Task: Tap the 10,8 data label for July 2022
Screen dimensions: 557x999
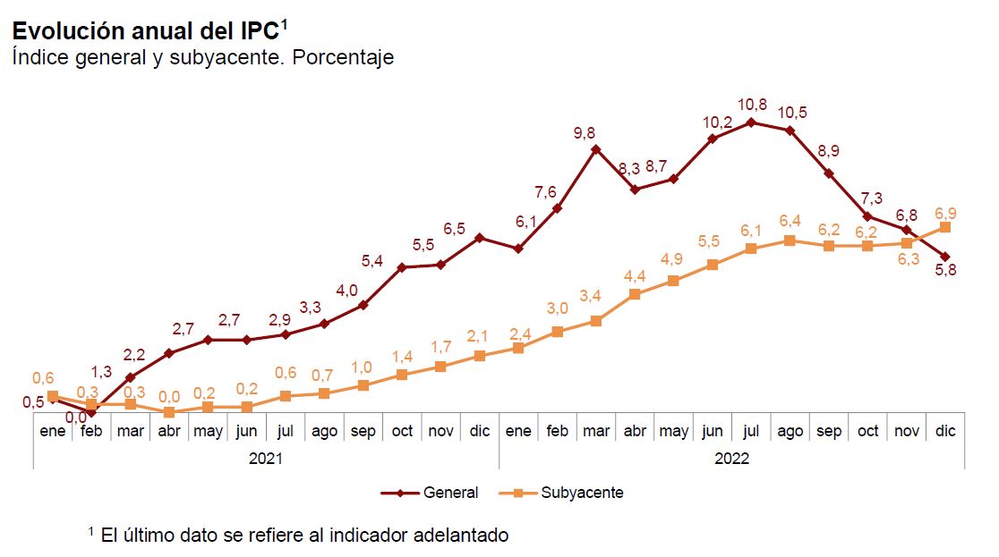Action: [751, 105]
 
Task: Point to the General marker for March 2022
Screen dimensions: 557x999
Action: [596, 149]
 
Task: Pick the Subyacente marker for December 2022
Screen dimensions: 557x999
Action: [945, 227]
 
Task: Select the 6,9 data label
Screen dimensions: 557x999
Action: [945, 212]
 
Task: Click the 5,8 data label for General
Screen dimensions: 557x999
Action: [945, 272]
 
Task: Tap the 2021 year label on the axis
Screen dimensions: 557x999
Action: [266, 459]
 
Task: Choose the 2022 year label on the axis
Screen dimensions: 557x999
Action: [731, 459]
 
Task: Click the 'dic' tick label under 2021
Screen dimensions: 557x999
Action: [480, 431]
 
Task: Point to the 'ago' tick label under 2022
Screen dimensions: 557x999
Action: [790, 431]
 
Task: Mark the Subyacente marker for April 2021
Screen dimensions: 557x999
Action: [169, 412]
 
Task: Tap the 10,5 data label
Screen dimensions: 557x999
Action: [792, 113]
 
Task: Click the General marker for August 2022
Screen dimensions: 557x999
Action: [790, 131]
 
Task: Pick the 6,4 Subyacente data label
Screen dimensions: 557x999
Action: [790, 221]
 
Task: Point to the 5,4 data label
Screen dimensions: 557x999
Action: [372, 261]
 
